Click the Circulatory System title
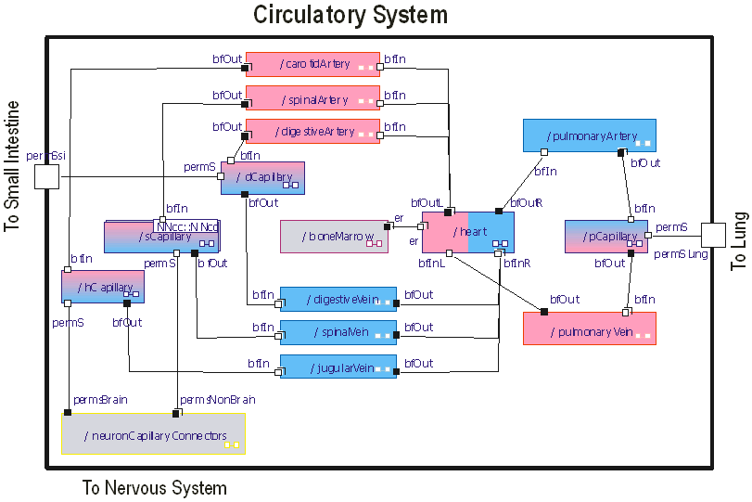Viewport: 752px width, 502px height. pos(351,15)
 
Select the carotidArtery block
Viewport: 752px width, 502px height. pos(312,64)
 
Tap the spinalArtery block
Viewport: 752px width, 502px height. pos(312,98)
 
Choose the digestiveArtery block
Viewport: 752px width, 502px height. pos(312,132)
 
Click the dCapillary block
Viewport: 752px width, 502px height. pos(262,178)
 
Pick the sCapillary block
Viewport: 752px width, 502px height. pos(160,237)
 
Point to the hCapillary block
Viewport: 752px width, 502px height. pos(102,287)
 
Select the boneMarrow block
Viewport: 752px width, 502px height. pos(334,237)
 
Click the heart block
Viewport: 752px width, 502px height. pos(467,232)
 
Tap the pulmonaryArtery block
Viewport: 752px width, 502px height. pos(589,135)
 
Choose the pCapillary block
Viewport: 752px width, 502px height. pos(606,237)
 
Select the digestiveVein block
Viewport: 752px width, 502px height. pos(338,299)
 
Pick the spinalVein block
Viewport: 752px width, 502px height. pos(338,332)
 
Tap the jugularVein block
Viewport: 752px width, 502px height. pos(338,367)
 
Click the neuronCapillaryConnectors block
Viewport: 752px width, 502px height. pos(153,434)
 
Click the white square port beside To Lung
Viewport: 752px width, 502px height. pos(712,236)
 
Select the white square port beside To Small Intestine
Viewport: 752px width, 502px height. pos(45,176)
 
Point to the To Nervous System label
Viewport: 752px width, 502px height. pos(154,487)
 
